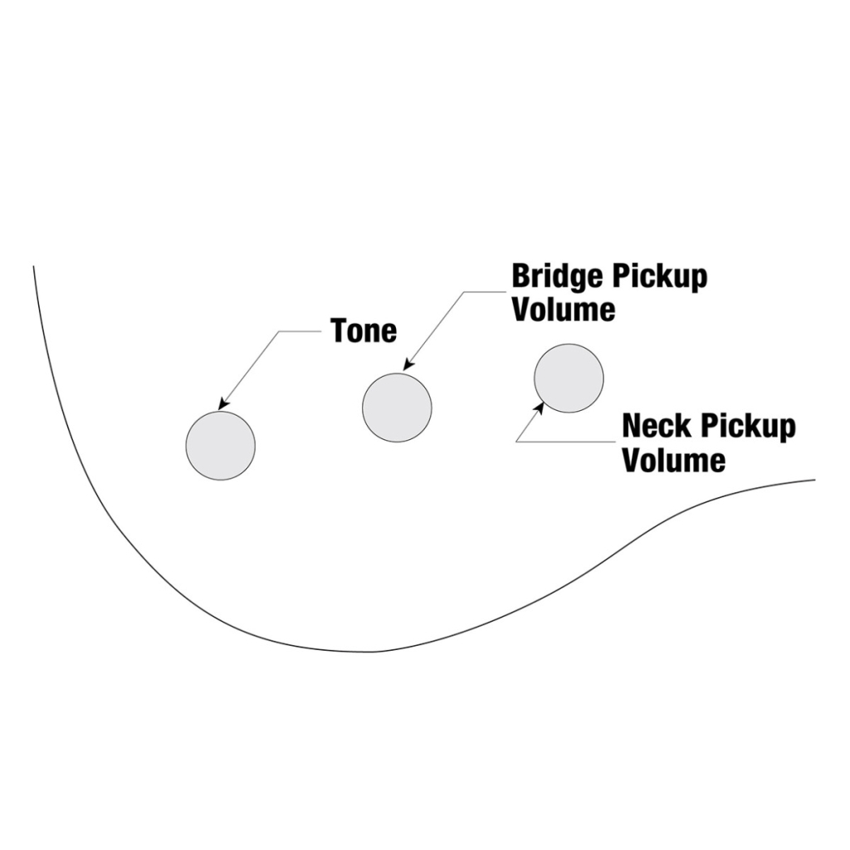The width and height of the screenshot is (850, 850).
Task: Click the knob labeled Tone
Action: [x=220, y=445]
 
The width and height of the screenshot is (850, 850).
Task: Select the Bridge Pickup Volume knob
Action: [x=397, y=408]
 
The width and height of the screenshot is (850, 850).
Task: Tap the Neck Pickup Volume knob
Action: [x=569, y=379]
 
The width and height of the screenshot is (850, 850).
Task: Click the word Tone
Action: [x=364, y=330]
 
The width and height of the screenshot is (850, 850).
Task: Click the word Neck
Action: [x=657, y=427]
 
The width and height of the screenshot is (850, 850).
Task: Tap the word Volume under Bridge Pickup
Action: [x=564, y=310]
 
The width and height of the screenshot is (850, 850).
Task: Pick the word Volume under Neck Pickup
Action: [x=674, y=459]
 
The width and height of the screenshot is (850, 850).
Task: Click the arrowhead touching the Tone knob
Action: [x=222, y=404]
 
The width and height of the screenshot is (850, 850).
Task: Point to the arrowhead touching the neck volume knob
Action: [x=540, y=408]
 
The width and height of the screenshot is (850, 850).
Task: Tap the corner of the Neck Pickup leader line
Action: [x=516, y=442]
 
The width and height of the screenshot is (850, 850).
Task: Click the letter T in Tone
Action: [x=339, y=330]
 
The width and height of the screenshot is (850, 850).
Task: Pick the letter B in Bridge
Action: [x=520, y=277]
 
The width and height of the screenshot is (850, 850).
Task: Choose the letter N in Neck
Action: [x=633, y=427]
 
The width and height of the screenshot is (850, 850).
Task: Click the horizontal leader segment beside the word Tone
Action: [x=300, y=331]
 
